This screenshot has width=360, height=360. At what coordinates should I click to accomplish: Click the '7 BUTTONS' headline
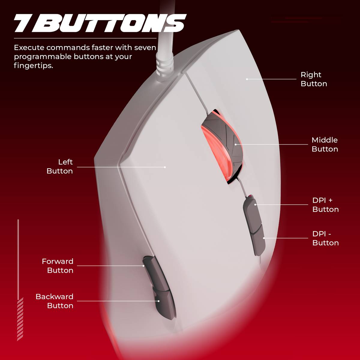[x=100, y=23]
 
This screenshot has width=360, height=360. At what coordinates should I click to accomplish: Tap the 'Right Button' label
[x=314, y=79]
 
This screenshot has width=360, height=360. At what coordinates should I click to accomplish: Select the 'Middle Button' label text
[x=325, y=145]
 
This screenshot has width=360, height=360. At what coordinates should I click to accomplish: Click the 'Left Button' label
[x=60, y=166]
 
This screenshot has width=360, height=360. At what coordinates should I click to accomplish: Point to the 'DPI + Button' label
[x=325, y=205]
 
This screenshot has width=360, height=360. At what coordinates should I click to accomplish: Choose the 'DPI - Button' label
[x=325, y=238]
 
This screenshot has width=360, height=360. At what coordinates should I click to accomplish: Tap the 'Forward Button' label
[x=58, y=266]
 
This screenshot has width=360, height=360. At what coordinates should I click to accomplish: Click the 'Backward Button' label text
[x=55, y=301]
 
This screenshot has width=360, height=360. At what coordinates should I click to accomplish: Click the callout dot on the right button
[x=247, y=79]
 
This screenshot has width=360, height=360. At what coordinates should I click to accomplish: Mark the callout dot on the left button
[x=165, y=167]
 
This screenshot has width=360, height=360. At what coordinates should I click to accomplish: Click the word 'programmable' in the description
[x=43, y=57]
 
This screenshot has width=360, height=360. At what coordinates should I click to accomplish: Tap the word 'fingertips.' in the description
[x=34, y=66]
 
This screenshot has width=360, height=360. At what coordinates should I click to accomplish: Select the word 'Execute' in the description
[x=29, y=48]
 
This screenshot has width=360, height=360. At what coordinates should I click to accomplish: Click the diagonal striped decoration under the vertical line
[x=20, y=319]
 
